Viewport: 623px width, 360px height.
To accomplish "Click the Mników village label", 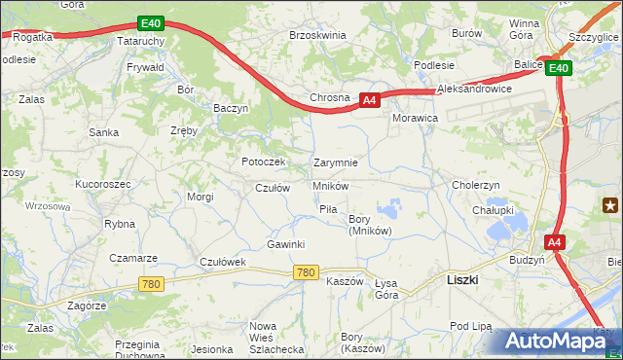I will click(331, 186).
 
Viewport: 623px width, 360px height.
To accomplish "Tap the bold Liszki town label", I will click(460, 278).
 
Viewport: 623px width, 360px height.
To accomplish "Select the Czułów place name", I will click(273, 188).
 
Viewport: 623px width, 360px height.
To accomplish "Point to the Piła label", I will click(328, 209).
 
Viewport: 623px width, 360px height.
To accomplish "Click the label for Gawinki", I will click(286, 244).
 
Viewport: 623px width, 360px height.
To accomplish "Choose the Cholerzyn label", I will click(476, 185).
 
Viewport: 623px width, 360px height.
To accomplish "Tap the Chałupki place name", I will click(493, 209).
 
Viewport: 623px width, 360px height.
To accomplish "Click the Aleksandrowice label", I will click(475, 88).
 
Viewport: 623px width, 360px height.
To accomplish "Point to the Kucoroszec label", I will click(102, 183).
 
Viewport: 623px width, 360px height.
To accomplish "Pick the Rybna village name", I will click(120, 224).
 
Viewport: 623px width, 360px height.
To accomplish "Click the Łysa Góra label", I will click(386, 289).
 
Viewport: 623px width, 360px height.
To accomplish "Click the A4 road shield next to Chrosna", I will click(369, 99).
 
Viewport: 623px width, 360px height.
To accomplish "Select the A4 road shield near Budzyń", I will click(554, 242).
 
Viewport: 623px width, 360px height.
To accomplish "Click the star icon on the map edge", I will click(610, 204).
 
